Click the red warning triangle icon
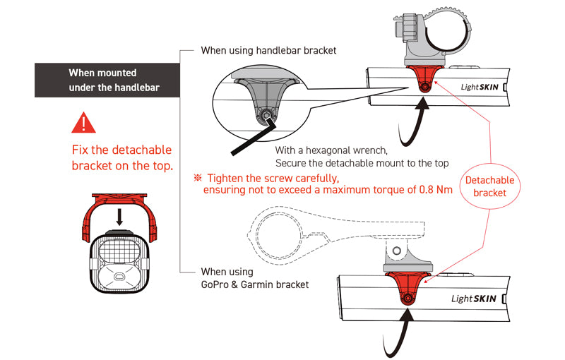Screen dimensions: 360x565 84,122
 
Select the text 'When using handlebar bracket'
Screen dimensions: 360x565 268,51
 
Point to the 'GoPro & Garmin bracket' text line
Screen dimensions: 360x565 255,284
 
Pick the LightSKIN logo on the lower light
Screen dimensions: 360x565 475,297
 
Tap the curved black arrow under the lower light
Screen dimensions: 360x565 395,331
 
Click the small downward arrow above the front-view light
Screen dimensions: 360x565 119,215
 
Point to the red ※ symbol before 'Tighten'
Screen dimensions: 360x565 198,178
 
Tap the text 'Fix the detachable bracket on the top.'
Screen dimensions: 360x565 121,158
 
